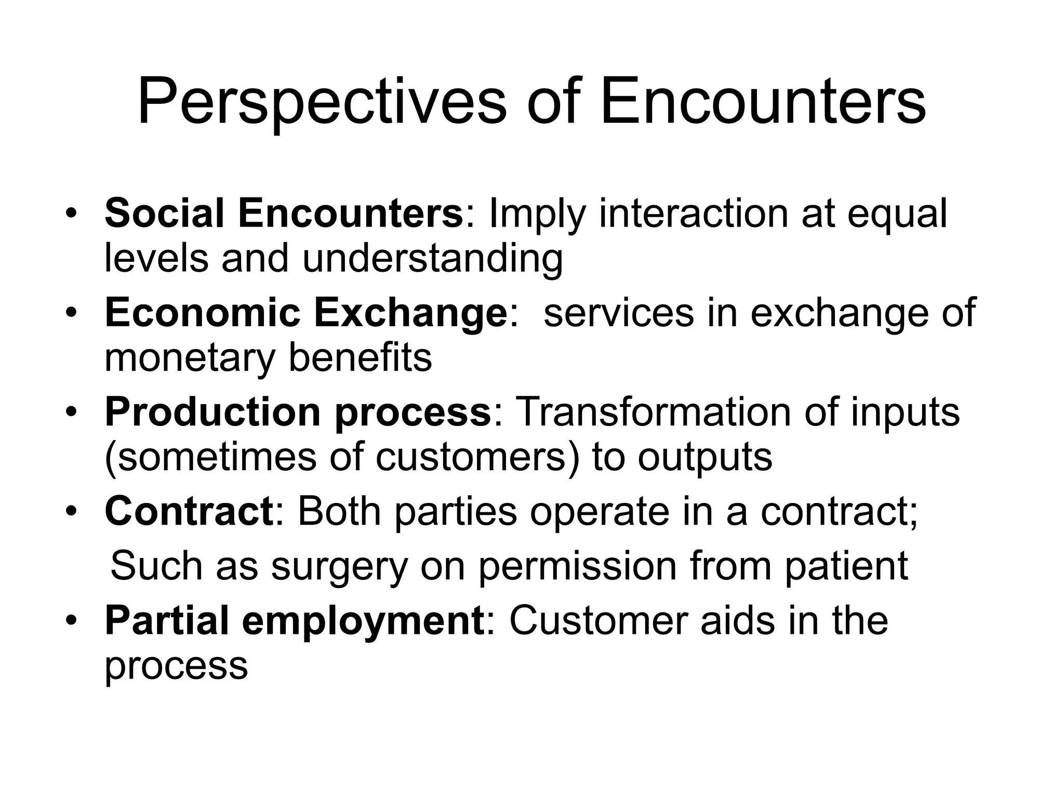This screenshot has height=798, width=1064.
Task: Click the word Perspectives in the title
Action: (322, 102)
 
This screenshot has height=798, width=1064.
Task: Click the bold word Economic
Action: (203, 313)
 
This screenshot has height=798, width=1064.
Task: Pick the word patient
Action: (846, 566)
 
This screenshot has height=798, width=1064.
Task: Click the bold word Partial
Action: (167, 621)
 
